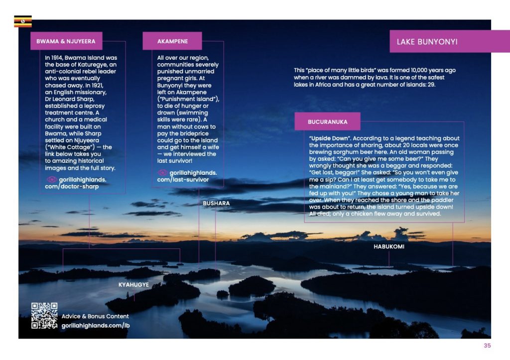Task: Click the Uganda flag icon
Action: [23, 21]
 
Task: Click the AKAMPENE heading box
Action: [172, 41]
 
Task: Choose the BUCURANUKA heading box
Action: [327, 121]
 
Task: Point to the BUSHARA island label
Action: [216, 204]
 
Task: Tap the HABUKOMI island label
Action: [388, 246]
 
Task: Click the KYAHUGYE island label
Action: [133, 284]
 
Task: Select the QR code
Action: [44, 316]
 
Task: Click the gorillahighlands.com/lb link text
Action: [95, 325]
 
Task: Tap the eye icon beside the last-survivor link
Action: [162, 172]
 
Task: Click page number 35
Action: [487, 346]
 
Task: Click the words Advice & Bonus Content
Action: [95, 316]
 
